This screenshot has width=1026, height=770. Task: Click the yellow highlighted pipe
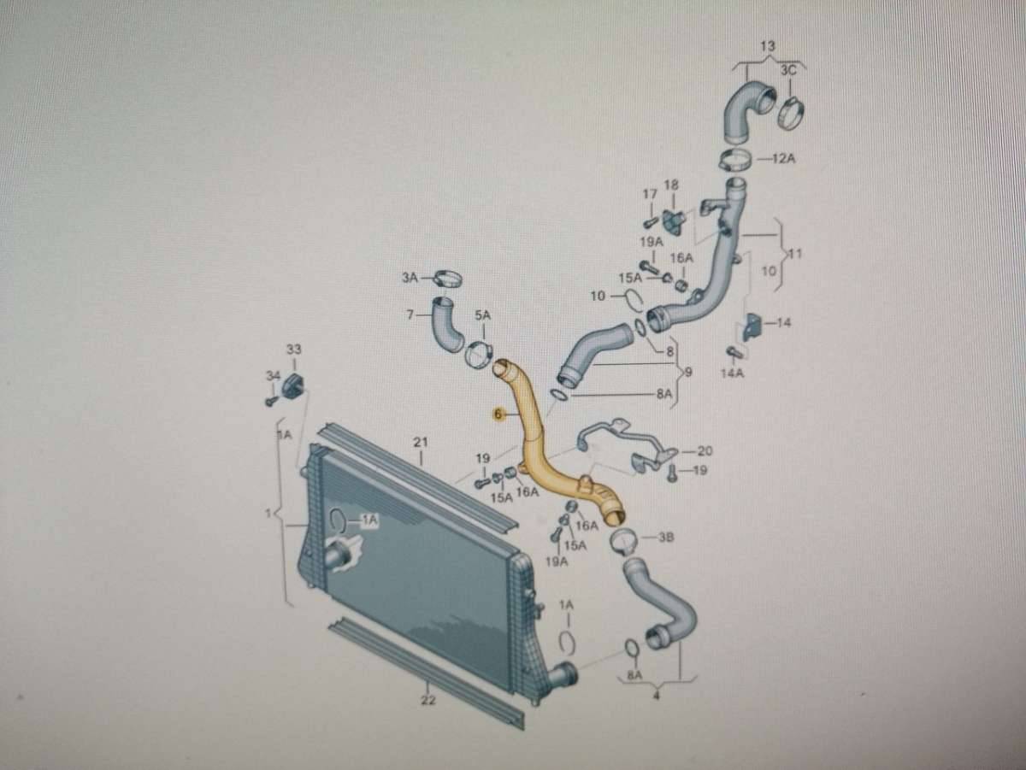pos(539,444)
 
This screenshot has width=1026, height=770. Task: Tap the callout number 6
pos(497,414)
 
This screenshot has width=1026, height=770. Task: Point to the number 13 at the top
pos(767,44)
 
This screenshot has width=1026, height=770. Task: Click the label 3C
pos(788,71)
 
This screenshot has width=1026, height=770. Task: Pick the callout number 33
pos(293,350)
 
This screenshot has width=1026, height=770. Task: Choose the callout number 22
pos(428,701)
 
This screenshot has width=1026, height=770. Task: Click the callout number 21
pos(420,442)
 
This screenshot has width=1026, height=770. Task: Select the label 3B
pos(667,538)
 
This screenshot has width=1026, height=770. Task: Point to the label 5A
pos(483,316)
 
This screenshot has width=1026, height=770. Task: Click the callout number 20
pos(705,450)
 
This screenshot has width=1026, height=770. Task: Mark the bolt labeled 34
pos(271,398)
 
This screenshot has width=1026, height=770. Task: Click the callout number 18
pos(671,185)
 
